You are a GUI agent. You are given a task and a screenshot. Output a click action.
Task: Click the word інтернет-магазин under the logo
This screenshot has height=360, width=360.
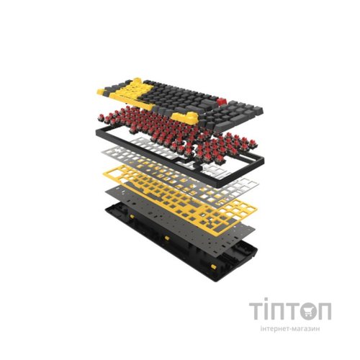click(x=290, y=328)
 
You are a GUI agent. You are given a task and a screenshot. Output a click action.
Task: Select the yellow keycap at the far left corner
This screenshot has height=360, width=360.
click(x=102, y=91)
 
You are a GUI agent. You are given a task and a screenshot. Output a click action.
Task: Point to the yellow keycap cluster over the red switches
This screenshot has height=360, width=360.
click(x=185, y=117)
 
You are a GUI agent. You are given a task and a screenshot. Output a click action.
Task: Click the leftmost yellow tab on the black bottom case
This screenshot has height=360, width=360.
click(x=132, y=217)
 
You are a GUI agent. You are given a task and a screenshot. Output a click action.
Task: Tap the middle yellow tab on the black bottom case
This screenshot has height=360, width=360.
click(x=166, y=238)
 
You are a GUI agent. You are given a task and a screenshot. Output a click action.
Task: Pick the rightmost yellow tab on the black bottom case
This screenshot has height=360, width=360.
click(x=212, y=268)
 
